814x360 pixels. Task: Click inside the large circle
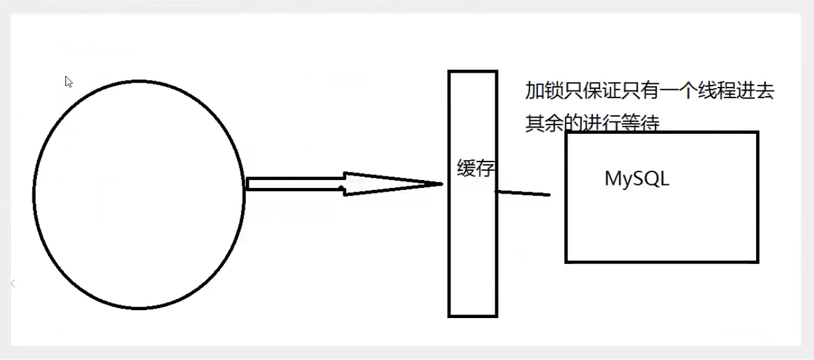139,194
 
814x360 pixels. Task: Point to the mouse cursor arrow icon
68,81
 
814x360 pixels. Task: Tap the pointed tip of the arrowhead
441,184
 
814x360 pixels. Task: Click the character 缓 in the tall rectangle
466,168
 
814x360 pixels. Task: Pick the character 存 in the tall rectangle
486,168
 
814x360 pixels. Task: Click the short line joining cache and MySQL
523,194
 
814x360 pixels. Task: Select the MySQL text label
637,179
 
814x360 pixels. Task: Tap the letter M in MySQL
614,179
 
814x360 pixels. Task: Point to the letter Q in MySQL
649,179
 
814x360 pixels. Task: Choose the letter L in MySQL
664,179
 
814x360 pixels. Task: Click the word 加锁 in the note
545,92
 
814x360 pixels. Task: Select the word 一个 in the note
692,92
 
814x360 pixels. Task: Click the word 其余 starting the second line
545,124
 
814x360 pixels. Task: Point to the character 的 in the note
572,124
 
